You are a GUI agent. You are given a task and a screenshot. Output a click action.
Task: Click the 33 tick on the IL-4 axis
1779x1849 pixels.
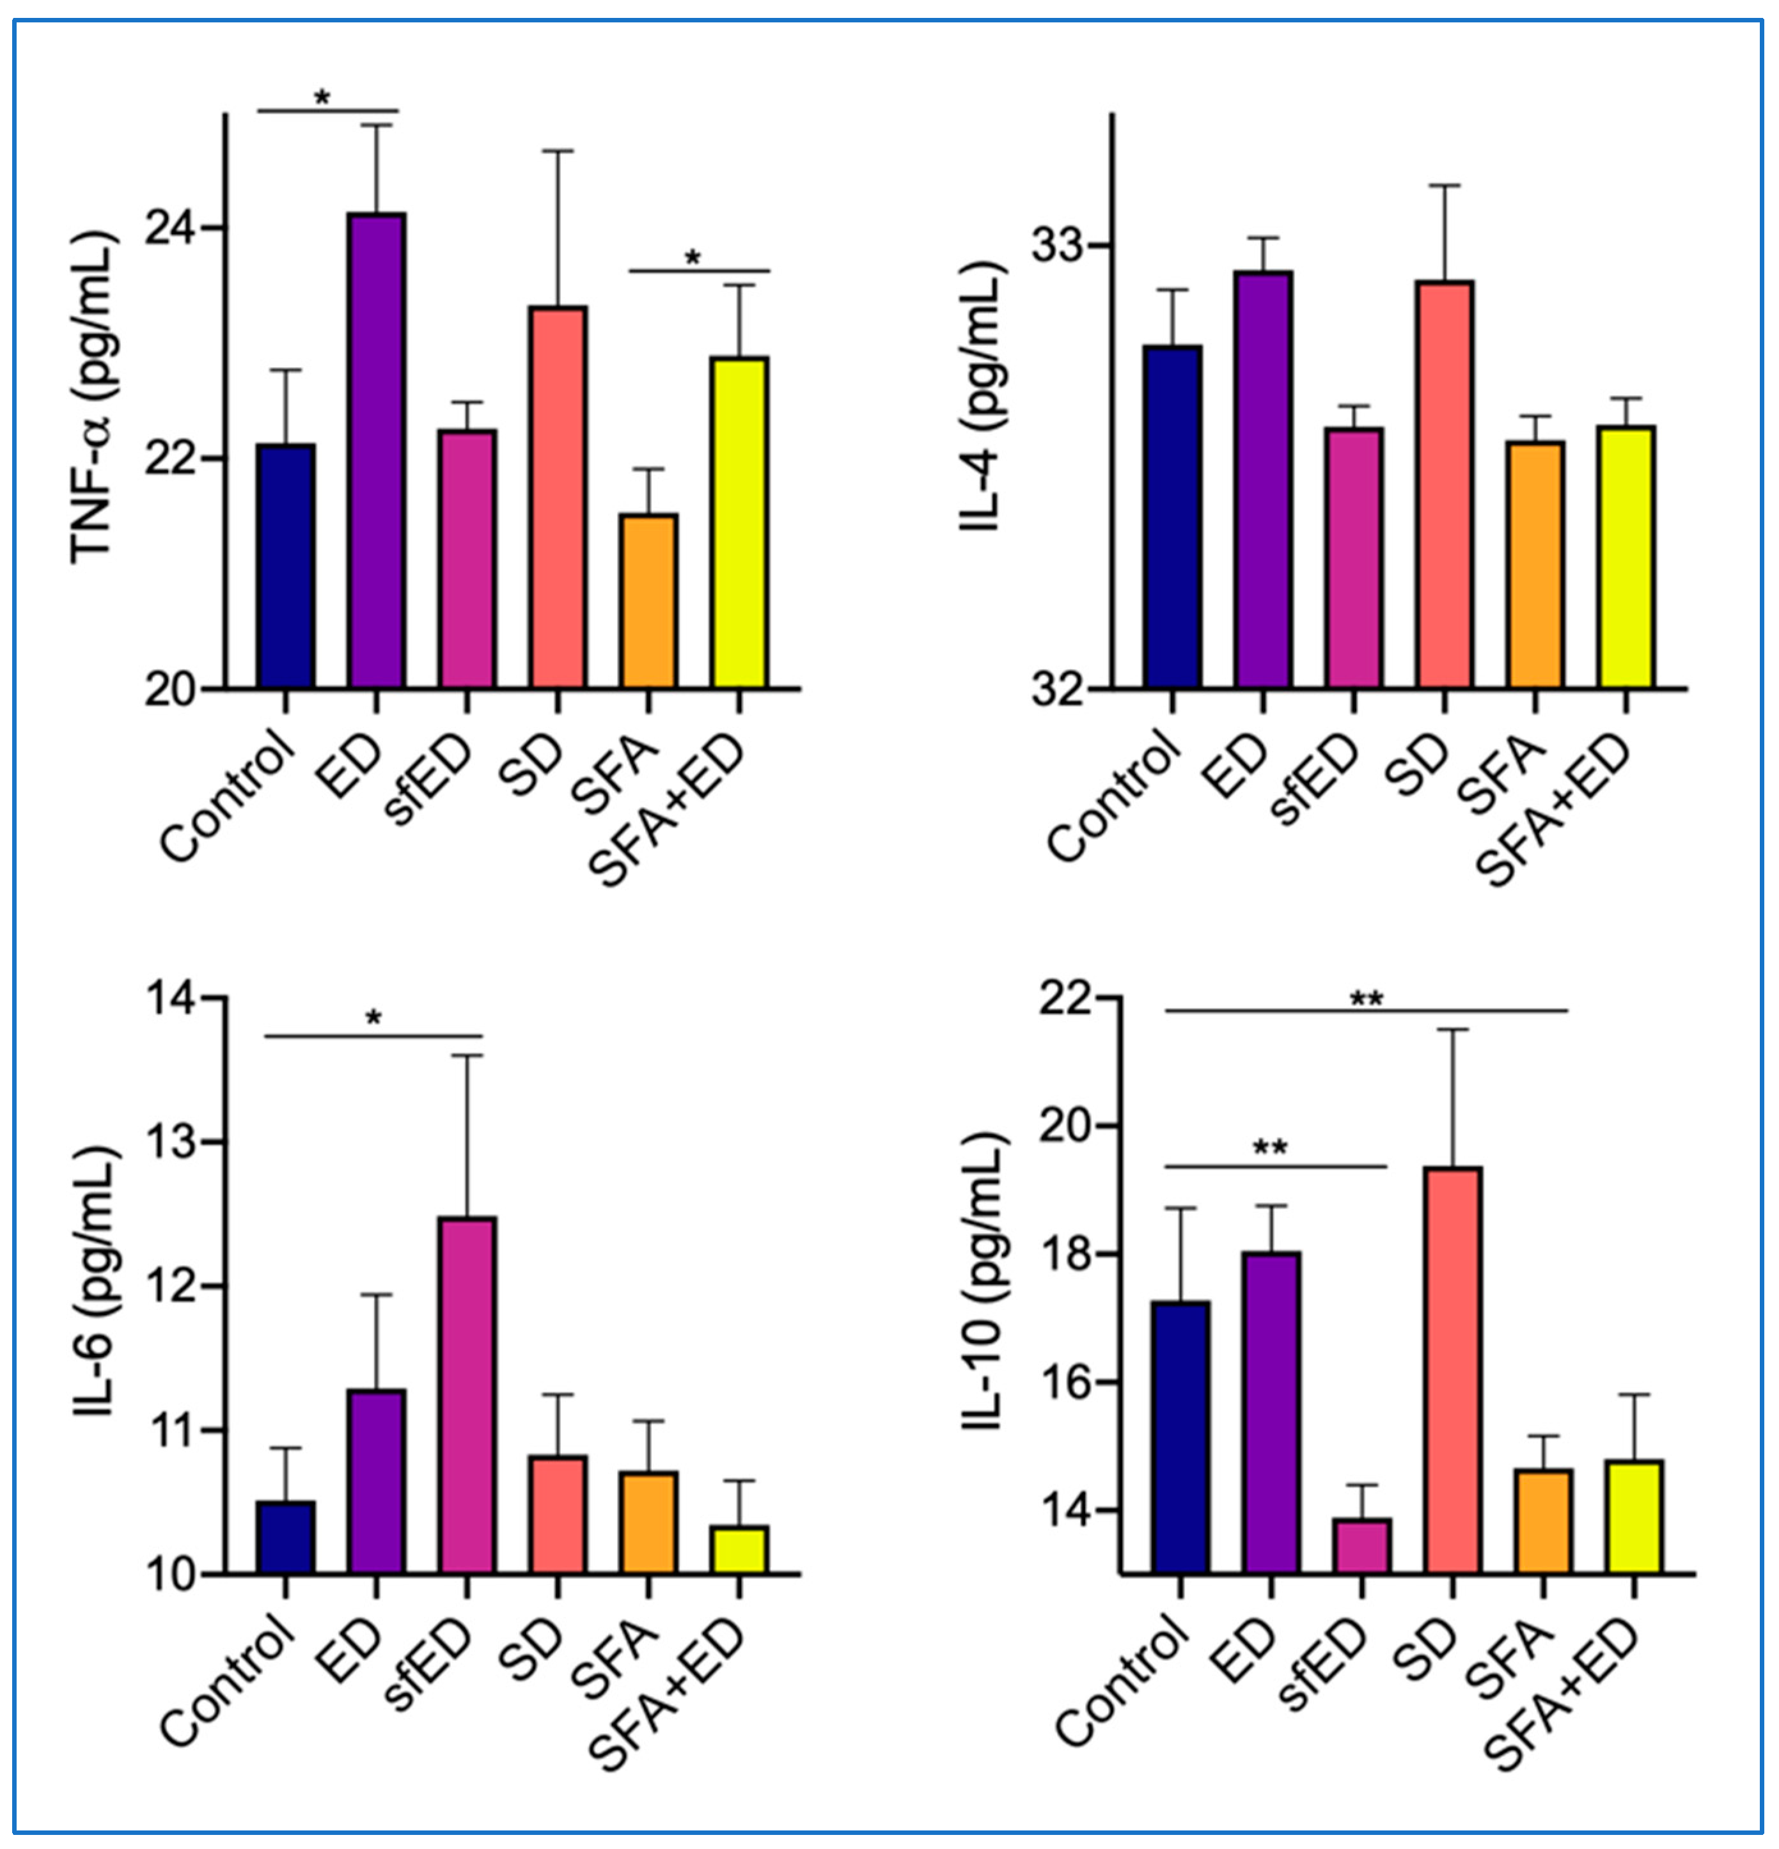click(1056, 246)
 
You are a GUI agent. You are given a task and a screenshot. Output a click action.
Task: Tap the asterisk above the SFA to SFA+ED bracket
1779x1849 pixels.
click(693, 258)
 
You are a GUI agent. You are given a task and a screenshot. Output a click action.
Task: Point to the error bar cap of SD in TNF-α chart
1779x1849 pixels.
click(558, 150)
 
